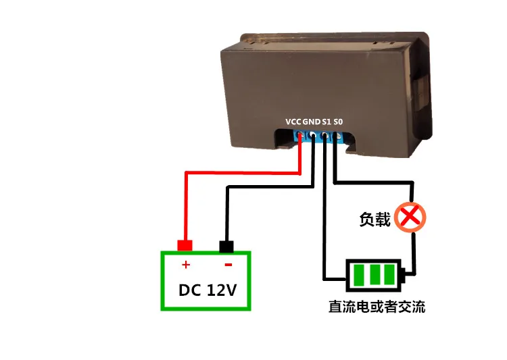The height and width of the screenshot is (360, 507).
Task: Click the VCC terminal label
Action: pos(293,122)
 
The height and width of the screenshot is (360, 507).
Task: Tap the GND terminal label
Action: pos(312,122)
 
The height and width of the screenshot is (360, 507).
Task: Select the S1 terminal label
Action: pos(327,122)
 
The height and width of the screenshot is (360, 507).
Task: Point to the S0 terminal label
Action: pos(339,122)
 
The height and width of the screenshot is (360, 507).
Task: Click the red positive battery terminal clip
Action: pos(184,245)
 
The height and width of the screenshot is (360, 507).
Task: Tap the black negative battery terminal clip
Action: pos(226,245)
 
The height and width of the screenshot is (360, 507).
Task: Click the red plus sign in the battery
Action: pos(186,265)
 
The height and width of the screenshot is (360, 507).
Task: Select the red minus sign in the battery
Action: pos(228,265)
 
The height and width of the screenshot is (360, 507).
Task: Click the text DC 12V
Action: pos(206,290)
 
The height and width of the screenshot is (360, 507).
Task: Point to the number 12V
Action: pos(220,290)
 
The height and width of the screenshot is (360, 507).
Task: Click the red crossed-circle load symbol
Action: pos(410,217)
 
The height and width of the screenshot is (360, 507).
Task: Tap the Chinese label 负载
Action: pos(375,220)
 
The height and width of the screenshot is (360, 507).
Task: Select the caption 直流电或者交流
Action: pos(377,307)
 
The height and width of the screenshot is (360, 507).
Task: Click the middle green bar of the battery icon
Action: pos(374,274)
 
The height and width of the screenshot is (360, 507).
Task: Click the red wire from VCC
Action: pos(237,172)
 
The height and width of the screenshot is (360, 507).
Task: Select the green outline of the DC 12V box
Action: pos(162,281)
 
